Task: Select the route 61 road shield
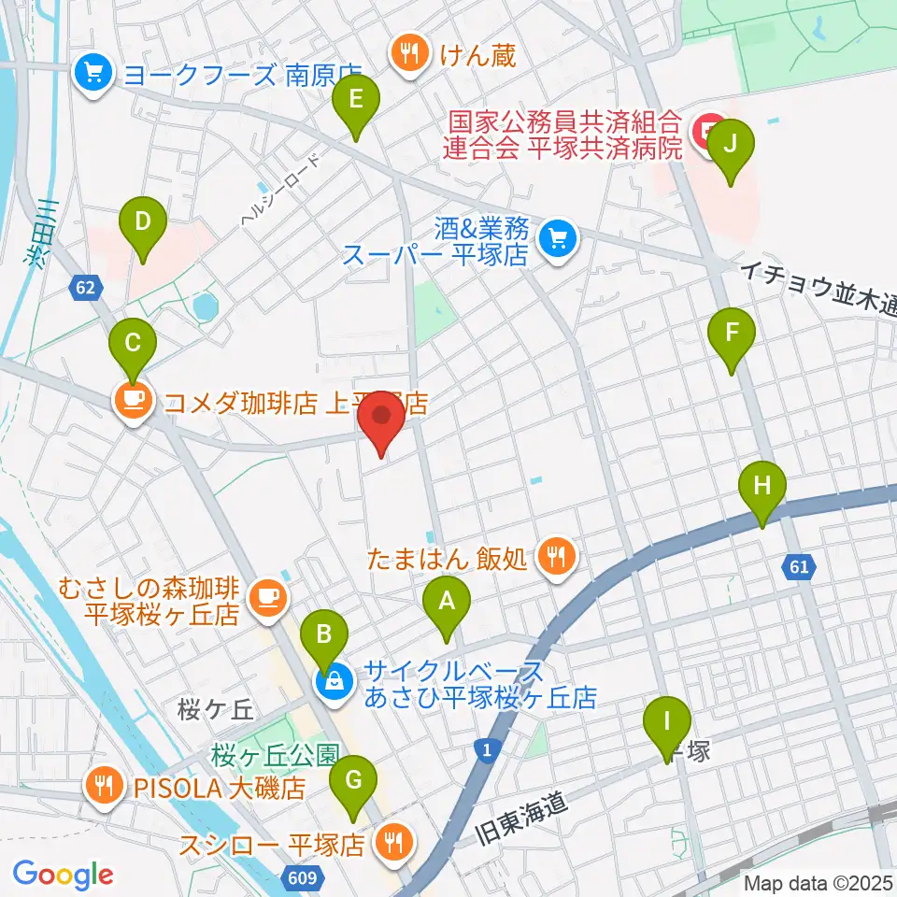(796, 566)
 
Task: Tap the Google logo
(63, 875)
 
